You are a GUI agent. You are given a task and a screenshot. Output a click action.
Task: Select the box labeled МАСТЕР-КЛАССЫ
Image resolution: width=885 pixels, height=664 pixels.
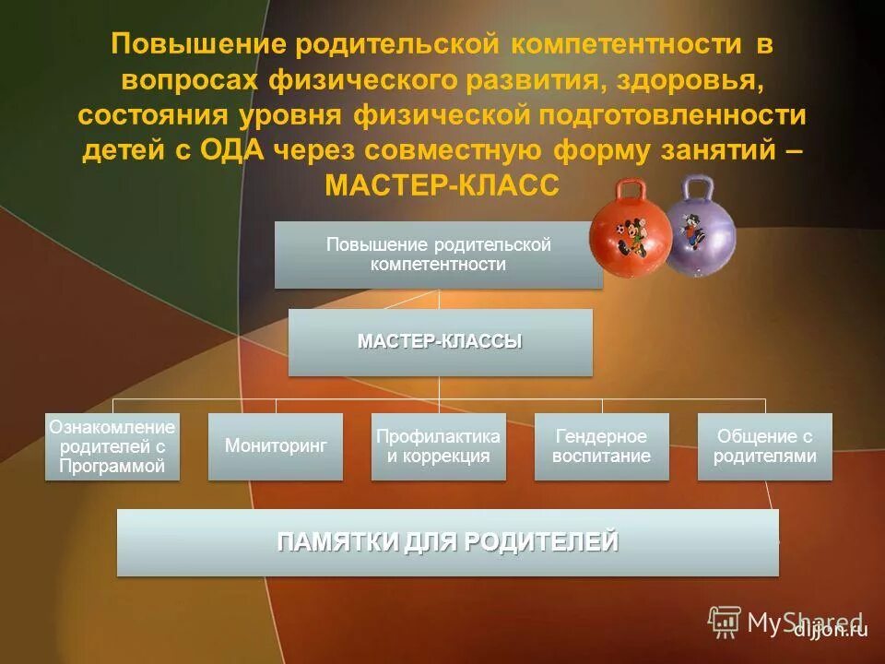tap(440, 342)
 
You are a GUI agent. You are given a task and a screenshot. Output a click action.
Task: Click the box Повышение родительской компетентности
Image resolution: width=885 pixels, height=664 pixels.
tap(439, 255)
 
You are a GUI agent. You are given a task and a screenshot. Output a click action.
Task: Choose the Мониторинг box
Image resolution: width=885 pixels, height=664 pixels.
tap(276, 445)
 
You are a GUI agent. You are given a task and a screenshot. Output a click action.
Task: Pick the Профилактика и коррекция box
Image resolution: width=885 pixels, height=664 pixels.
tap(439, 445)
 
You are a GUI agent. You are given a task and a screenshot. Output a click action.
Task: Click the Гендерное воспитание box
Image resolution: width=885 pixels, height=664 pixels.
tap(602, 445)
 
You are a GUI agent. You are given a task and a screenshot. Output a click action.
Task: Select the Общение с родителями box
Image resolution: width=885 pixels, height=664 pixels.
tap(765, 445)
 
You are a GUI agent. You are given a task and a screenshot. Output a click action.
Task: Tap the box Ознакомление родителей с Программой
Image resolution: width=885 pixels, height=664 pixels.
tap(112, 445)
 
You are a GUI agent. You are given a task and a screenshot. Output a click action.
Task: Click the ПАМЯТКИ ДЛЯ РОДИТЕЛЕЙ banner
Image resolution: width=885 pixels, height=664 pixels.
tap(448, 542)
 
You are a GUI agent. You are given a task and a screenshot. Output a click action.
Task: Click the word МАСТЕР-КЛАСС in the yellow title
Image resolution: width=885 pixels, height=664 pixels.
tap(442, 185)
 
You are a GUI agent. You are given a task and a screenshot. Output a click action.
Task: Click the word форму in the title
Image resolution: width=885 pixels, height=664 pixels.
tap(599, 150)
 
